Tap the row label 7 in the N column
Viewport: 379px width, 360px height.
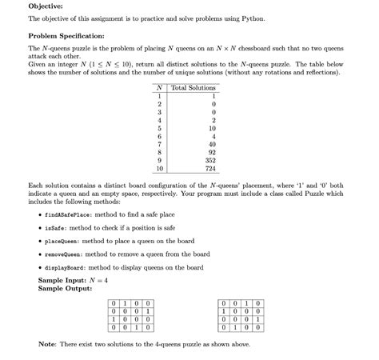(x=160, y=142)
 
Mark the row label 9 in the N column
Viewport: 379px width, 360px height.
(x=160, y=160)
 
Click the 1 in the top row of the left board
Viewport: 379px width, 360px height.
(x=127, y=302)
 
